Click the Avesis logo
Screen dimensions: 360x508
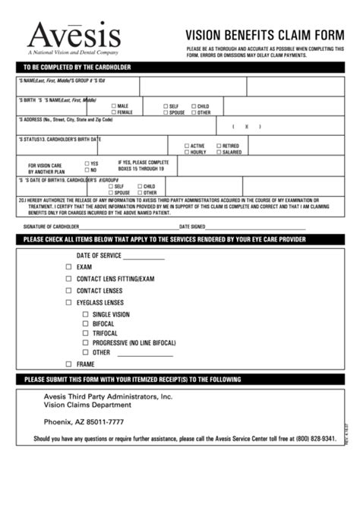[74, 36]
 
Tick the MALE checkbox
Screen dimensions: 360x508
[114, 106]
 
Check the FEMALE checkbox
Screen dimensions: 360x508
[114, 112]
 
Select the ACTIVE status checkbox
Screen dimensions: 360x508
[187, 146]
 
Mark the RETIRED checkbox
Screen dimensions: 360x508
[219, 146]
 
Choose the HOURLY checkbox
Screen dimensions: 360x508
[187, 152]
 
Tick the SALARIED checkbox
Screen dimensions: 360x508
[219, 152]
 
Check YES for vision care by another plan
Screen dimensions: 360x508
[87, 163]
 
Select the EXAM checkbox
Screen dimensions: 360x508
[68, 267]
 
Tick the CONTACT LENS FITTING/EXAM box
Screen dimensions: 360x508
[68, 279]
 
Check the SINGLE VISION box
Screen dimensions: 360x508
[85, 314]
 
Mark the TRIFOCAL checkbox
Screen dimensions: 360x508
[85, 333]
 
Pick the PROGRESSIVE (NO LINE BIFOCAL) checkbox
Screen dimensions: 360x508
[85, 342]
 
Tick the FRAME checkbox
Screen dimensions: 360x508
[68, 364]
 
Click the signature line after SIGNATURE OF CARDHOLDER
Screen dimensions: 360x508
[129, 227]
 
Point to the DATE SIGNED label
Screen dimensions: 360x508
[192, 226]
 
